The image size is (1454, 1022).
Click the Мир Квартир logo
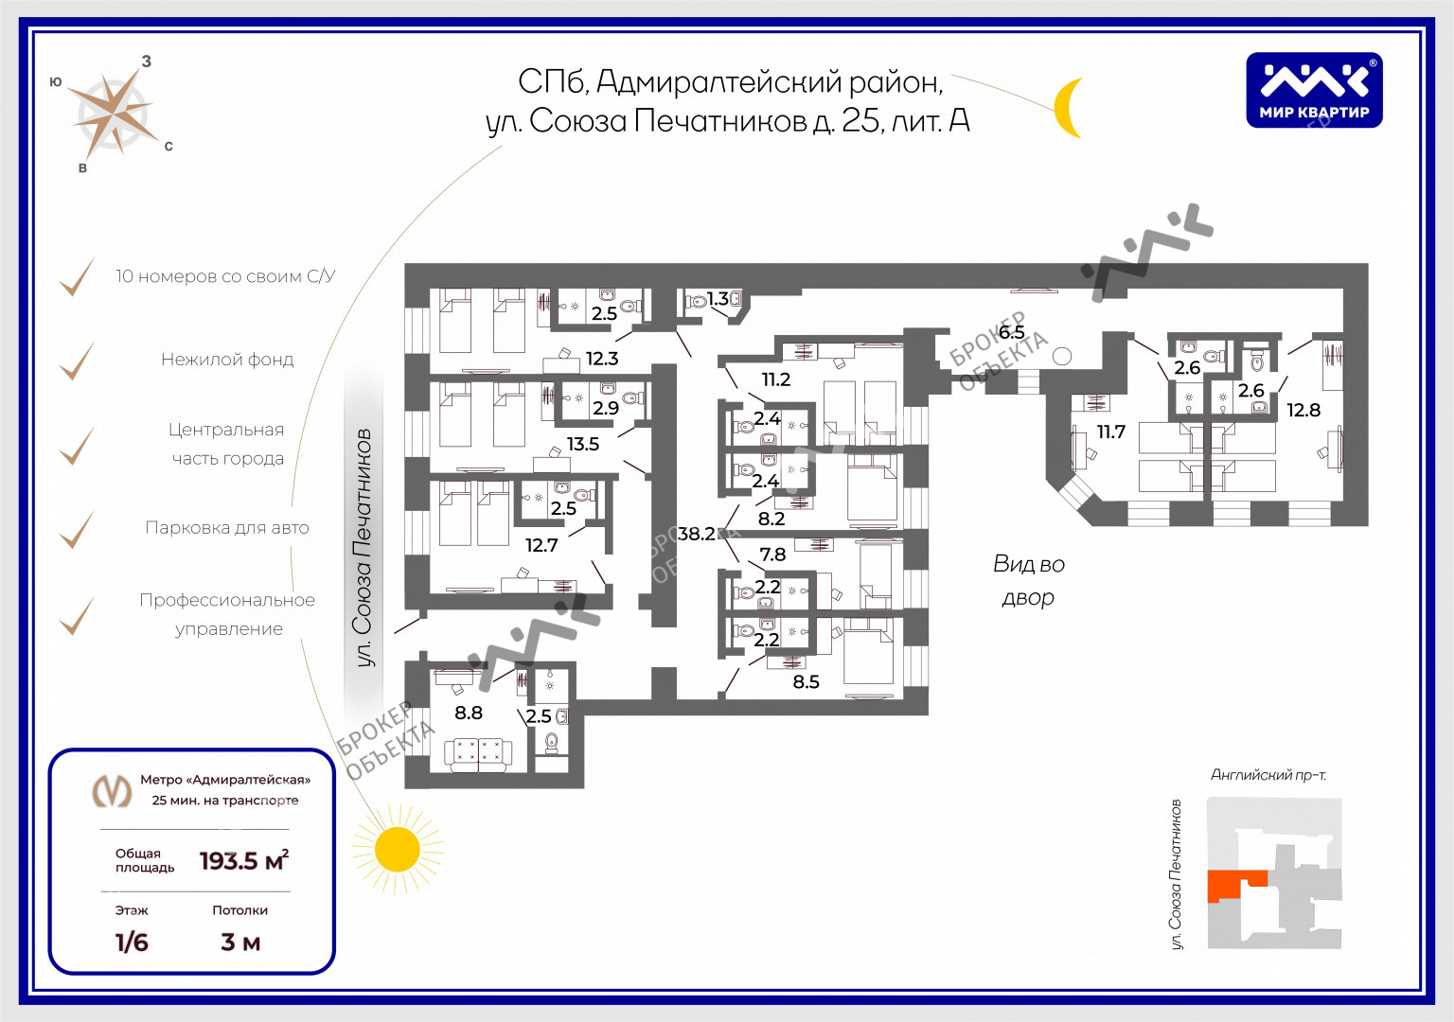coord(1314,90)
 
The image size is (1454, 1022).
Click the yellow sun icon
coord(397,849)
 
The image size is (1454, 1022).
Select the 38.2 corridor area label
coord(696,534)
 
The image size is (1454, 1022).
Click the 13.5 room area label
coord(582,444)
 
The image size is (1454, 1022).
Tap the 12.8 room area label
coord(1303,410)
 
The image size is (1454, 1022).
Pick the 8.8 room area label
coord(468,713)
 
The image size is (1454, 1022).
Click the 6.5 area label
coord(1011,332)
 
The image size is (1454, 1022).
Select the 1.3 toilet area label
coord(718,299)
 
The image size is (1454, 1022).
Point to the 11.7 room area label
coord(1110,432)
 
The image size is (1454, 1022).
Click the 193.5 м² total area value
coord(243,861)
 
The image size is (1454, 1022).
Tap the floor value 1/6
coord(132,943)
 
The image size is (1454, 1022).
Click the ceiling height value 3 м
coord(240,943)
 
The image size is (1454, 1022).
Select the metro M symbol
coord(112,790)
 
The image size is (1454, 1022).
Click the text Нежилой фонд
coord(227,360)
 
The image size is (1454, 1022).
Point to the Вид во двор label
coord(1028,580)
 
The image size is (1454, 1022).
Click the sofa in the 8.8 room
coord(478,753)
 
